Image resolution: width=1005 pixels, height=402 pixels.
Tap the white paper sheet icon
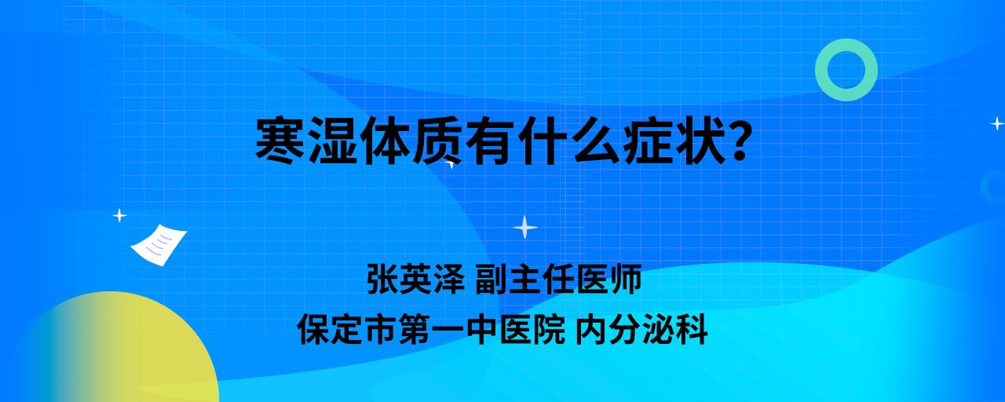coord(159,245)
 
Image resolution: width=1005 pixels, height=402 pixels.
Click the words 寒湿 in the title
coord(306,141)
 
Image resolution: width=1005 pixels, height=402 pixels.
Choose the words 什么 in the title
coord(569,141)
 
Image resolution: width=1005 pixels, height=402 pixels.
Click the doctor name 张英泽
coord(415,279)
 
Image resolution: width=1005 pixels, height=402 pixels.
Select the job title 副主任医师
coord(558,279)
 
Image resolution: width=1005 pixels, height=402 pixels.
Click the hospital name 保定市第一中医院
coord(431,329)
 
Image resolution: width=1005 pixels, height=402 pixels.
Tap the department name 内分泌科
coord(641,329)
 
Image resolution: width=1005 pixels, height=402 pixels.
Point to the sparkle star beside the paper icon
coord(119,216)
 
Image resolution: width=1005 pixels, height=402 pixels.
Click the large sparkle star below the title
coord(525,227)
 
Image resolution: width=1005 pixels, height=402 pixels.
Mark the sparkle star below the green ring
coord(997,123)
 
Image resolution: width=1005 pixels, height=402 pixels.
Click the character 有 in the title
coord(491,141)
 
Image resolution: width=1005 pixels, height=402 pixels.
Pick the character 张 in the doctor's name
coord(382,279)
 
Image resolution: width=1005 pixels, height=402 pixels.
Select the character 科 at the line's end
coord(692,329)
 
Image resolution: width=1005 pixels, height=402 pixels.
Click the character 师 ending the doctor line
coord(626,279)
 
